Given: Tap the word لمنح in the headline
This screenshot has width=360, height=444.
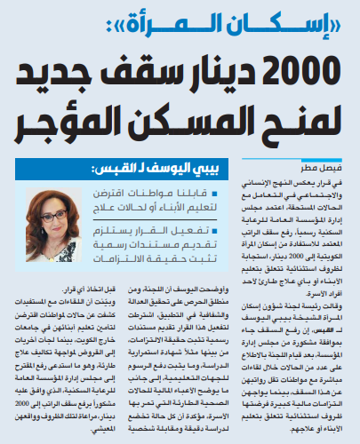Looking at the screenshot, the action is tap(293, 124).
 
